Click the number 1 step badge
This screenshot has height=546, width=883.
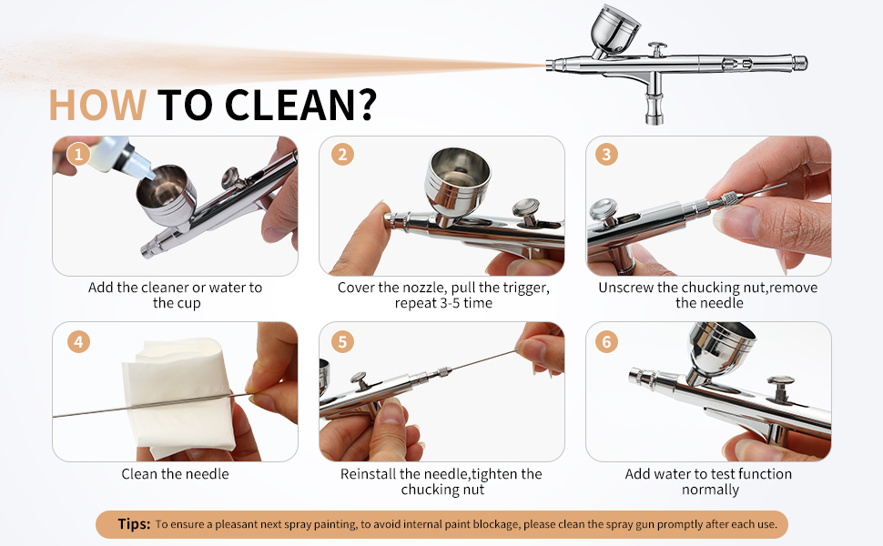coord(78,154)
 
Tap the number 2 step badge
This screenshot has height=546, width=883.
coord(342,154)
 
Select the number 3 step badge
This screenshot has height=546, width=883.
coord(606,154)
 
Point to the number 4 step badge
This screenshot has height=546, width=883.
coord(78,341)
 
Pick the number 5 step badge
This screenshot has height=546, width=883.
coord(342,341)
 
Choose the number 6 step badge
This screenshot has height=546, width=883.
coord(606,341)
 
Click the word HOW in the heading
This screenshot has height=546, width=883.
coord(97,106)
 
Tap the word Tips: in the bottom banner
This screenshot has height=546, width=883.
coord(134,524)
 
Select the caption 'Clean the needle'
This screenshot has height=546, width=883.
coord(175,474)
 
